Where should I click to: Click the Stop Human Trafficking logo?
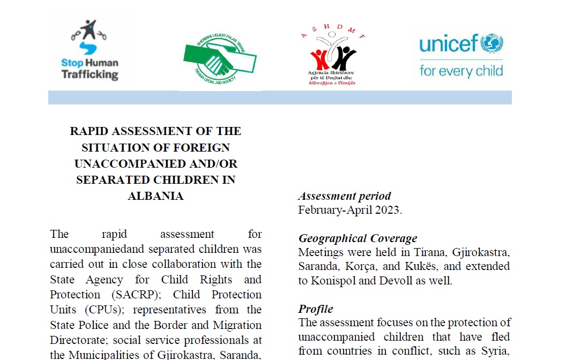[x=90, y=50]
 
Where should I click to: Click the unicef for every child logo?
[x=461, y=56]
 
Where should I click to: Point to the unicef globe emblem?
[x=492, y=43]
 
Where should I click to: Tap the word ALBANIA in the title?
[x=155, y=196]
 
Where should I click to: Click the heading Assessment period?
[x=345, y=196]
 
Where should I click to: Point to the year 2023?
[x=386, y=210]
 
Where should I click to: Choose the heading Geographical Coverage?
[x=358, y=238]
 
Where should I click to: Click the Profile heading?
[x=316, y=309]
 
